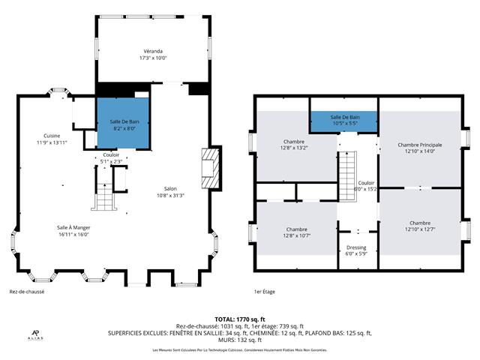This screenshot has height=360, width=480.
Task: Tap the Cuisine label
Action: [x=52, y=136]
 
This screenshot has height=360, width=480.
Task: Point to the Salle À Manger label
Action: [x=73, y=227]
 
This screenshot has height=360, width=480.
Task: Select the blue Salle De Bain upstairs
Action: [x=345, y=121]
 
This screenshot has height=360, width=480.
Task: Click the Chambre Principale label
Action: [x=419, y=145]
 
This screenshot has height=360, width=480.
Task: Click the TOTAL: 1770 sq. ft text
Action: [x=239, y=319]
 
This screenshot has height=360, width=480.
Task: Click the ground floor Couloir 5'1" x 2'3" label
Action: [x=111, y=157]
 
